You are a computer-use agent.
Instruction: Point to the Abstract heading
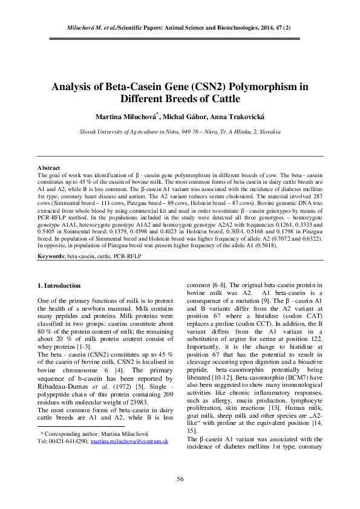coord(48,167)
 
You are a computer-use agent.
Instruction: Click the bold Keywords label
coord(51,256)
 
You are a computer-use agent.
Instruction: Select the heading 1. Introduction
coord(59,285)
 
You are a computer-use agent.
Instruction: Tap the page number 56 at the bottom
coord(180,480)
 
